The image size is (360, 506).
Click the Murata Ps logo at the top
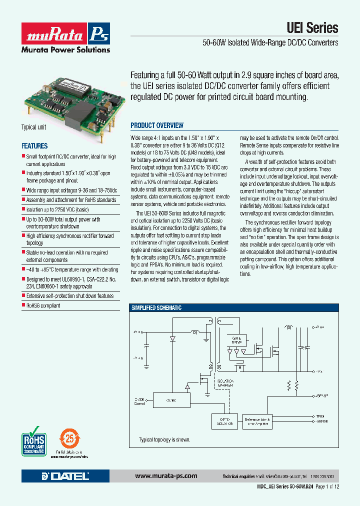tap(65, 34)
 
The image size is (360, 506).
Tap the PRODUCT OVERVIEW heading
tap(157, 125)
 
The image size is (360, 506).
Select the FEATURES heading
tap(34, 146)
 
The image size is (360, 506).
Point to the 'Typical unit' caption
tap(33, 127)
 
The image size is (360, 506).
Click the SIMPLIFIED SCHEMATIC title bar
tap(156, 308)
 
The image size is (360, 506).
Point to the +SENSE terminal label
tap(322, 395)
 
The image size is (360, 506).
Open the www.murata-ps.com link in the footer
tap(165, 476)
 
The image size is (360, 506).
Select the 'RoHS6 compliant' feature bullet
tap(43, 305)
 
